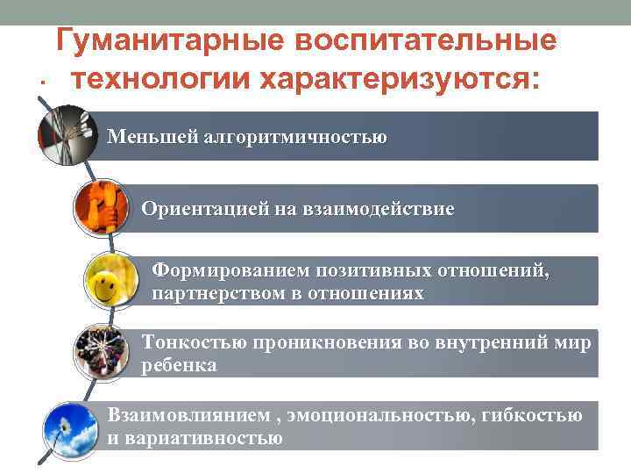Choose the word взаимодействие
(x=379, y=209)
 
